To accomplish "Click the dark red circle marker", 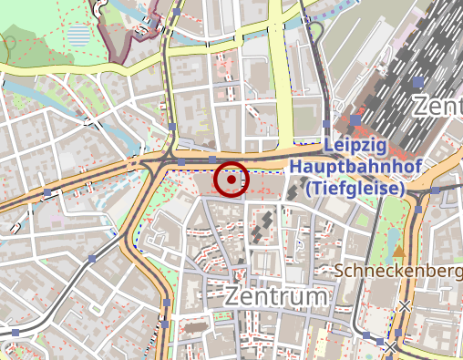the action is [x=232, y=180].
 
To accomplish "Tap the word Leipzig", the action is [x=356, y=147].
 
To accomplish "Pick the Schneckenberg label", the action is [x=399, y=271].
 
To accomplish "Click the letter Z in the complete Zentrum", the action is [x=231, y=298].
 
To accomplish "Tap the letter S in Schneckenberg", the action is [x=340, y=271].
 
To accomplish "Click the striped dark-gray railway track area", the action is [x=401, y=64].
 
